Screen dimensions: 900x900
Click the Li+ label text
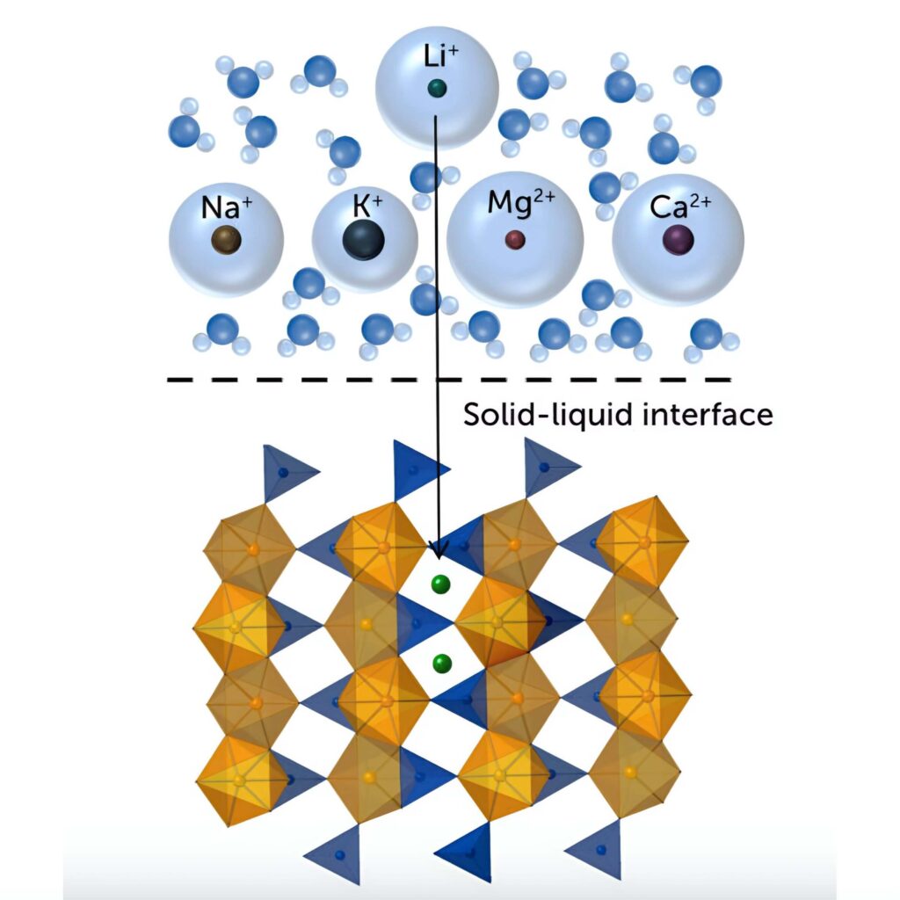pos(437,60)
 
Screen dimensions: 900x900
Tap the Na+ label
pos(227,208)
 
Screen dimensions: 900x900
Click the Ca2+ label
pos(679,207)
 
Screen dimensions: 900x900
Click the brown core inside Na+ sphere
pos(226,239)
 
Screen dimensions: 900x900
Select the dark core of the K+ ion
pos(364,240)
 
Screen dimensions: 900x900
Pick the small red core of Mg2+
pos(515,239)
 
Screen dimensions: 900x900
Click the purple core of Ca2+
pos(678,239)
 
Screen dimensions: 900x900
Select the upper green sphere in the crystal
pos(441,584)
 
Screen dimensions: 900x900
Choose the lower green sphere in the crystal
pos(442,663)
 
